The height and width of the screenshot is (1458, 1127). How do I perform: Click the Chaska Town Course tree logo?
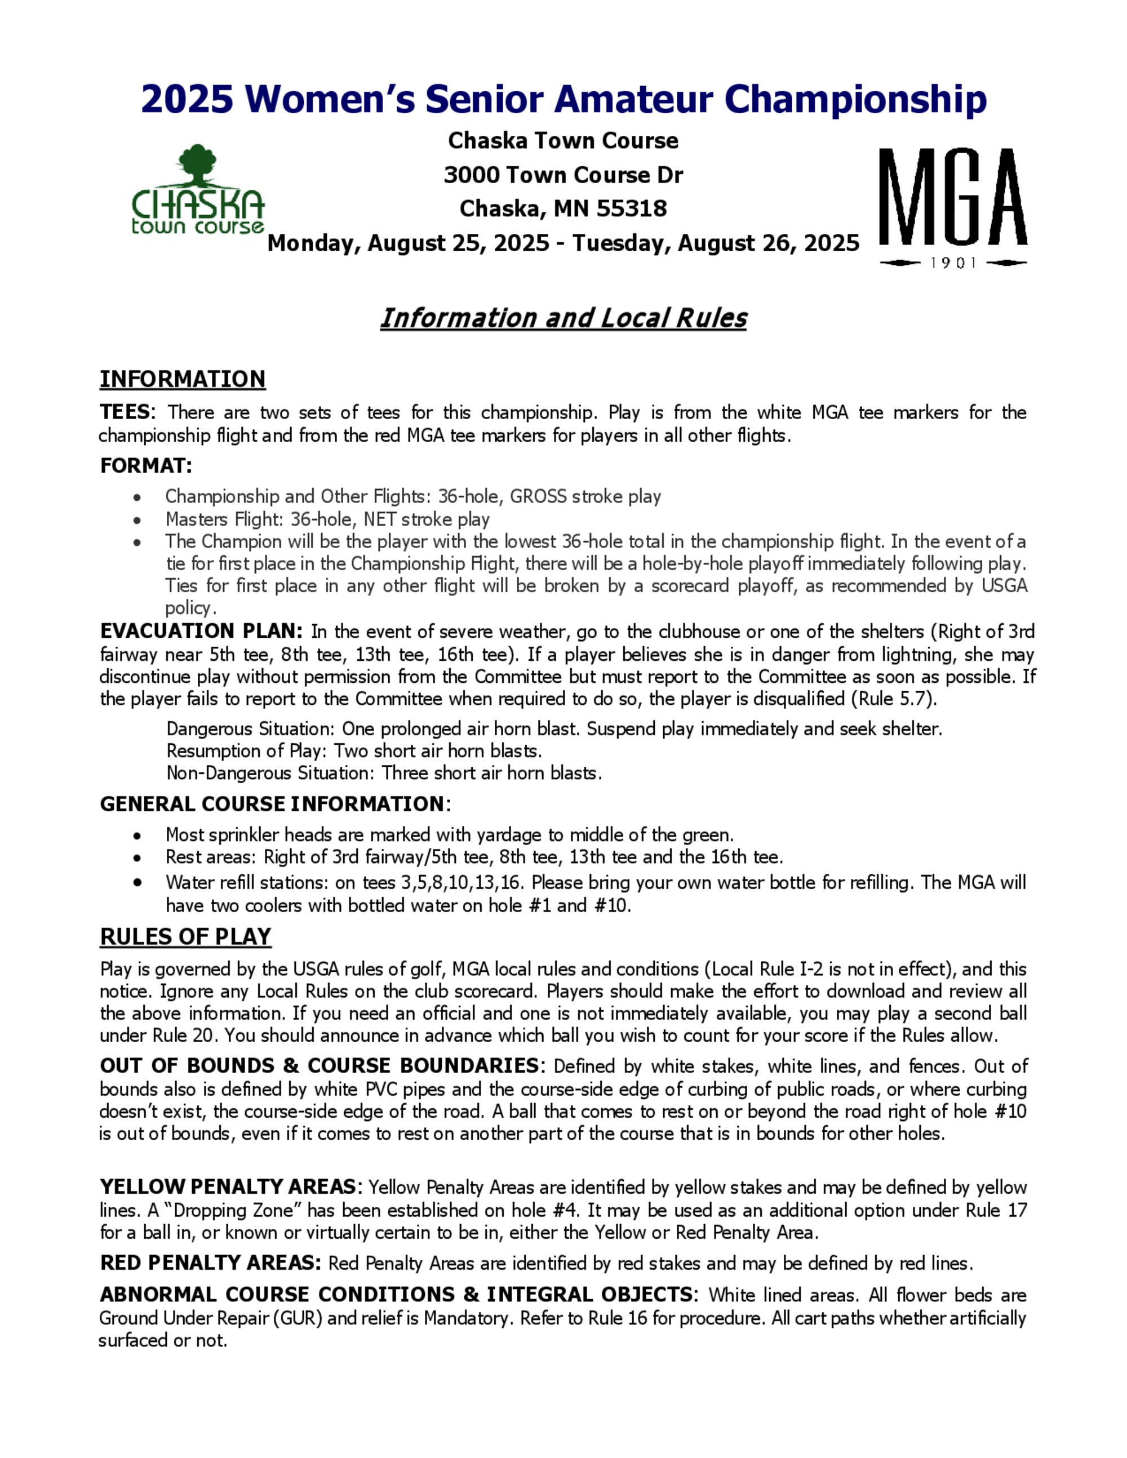pos(198,190)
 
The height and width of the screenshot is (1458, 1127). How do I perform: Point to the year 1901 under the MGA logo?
pos(953,263)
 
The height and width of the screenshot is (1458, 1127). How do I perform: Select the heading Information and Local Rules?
pos(563,318)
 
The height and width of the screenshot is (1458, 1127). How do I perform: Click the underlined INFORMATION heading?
pos(182,379)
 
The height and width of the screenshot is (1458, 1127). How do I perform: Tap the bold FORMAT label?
pos(145,465)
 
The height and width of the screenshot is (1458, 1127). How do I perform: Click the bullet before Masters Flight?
pos(137,519)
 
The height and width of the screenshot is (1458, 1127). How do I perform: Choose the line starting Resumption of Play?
pos(354,751)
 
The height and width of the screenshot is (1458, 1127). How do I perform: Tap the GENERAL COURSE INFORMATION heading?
pos(272,804)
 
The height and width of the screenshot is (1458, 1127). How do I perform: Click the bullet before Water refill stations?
pos(137,883)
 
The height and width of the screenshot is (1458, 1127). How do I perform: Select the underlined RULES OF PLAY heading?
pos(185,937)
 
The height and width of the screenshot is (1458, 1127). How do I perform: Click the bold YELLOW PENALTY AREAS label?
pos(228,1186)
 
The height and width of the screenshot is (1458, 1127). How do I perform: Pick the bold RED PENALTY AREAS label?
pos(207,1263)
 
